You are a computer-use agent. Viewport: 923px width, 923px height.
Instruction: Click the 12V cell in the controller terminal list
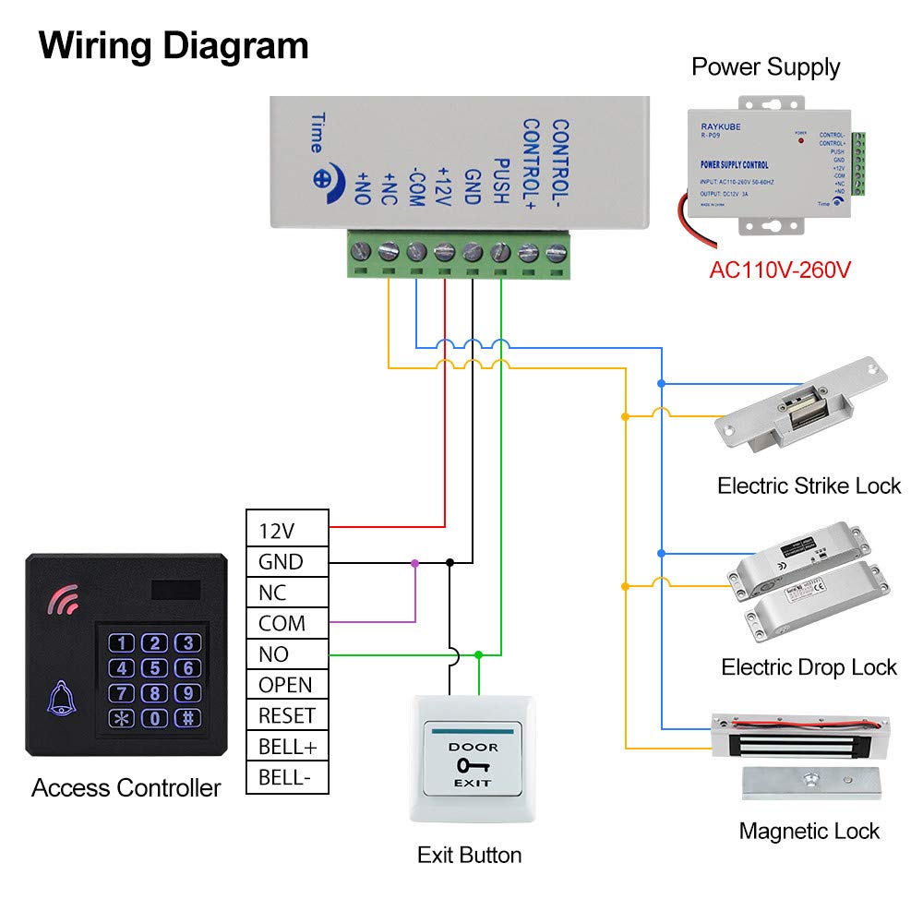(x=287, y=531)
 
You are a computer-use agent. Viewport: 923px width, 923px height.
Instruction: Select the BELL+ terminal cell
(x=287, y=746)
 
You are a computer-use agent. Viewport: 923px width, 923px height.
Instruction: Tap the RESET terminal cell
(x=287, y=715)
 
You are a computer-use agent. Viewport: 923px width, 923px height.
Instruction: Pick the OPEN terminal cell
(x=287, y=685)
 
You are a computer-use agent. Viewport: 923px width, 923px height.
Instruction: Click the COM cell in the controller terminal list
(x=287, y=623)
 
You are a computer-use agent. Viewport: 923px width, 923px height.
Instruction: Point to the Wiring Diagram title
(x=174, y=45)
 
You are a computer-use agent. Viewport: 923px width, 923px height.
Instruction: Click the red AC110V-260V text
(x=780, y=270)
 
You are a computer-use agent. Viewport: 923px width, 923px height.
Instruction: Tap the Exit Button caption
(x=469, y=855)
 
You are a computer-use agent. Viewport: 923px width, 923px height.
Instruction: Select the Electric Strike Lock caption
(x=809, y=485)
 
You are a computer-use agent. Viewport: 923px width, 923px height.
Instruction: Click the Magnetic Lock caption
(x=809, y=831)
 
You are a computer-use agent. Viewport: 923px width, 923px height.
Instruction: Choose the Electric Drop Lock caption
(x=809, y=666)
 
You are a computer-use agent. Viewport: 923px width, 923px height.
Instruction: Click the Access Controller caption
(x=126, y=787)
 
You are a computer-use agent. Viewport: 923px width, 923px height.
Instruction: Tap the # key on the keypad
(x=186, y=717)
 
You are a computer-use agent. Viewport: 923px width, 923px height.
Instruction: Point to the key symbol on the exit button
(x=472, y=765)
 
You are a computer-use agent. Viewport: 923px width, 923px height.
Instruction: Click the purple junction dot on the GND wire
(x=414, y=562)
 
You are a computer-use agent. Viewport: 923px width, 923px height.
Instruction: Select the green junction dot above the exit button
(x=478, y=654)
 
